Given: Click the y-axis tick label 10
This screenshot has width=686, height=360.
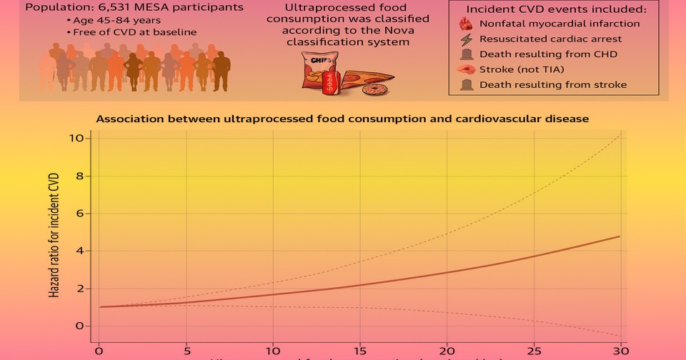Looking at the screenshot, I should tap(77, 138).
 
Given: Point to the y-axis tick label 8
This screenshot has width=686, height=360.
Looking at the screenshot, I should tap(80, 176).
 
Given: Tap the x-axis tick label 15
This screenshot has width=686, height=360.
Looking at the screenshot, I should tap(359, 351).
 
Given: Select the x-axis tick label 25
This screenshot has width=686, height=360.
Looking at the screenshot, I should tap(534, 351).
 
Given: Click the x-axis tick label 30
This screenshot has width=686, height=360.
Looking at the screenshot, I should tap(621, 351).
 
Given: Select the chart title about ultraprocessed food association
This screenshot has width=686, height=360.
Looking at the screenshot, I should tap(342, 119).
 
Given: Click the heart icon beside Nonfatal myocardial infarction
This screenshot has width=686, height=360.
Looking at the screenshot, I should tap(465, 24).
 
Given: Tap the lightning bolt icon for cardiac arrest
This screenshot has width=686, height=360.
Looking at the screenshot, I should tap(465, 39).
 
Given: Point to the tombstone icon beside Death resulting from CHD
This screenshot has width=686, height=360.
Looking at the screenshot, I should tap(465, 54).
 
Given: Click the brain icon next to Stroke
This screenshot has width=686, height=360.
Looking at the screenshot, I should tap(465, 70).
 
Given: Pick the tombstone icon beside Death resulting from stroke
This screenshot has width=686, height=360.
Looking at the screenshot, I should tap(465, 85).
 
